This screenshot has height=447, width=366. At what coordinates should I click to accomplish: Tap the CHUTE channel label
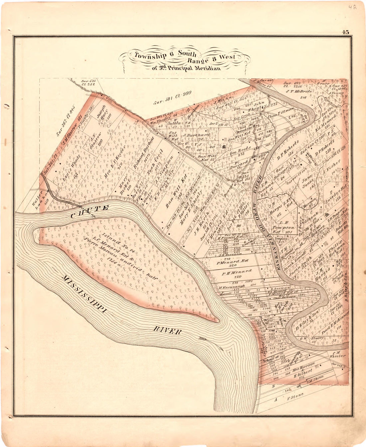90,212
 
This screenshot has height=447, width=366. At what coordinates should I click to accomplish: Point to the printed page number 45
345,32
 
